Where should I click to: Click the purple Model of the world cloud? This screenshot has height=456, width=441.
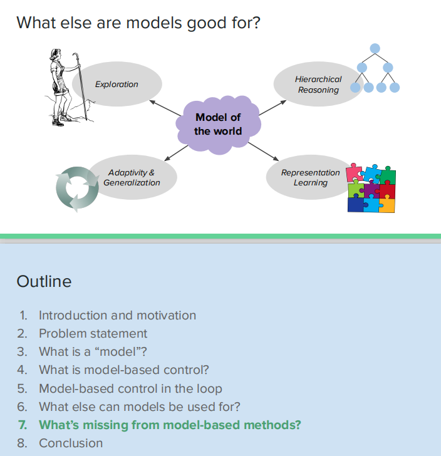click(218, 124)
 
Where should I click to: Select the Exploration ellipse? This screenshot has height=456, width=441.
click(117, 84)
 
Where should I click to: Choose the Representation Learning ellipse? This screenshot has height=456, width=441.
click(307, 177)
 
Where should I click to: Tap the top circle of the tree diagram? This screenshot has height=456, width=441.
click(375, 48)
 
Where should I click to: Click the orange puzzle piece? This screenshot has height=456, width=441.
click(387, 204)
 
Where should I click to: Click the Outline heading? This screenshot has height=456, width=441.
click(44, 281)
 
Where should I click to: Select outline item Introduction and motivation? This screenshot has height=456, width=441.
click(117, 315)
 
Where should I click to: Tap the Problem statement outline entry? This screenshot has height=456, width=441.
click(93, 333)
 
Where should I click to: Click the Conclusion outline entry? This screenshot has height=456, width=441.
click(71, 443)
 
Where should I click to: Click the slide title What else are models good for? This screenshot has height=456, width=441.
click(138, 23)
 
